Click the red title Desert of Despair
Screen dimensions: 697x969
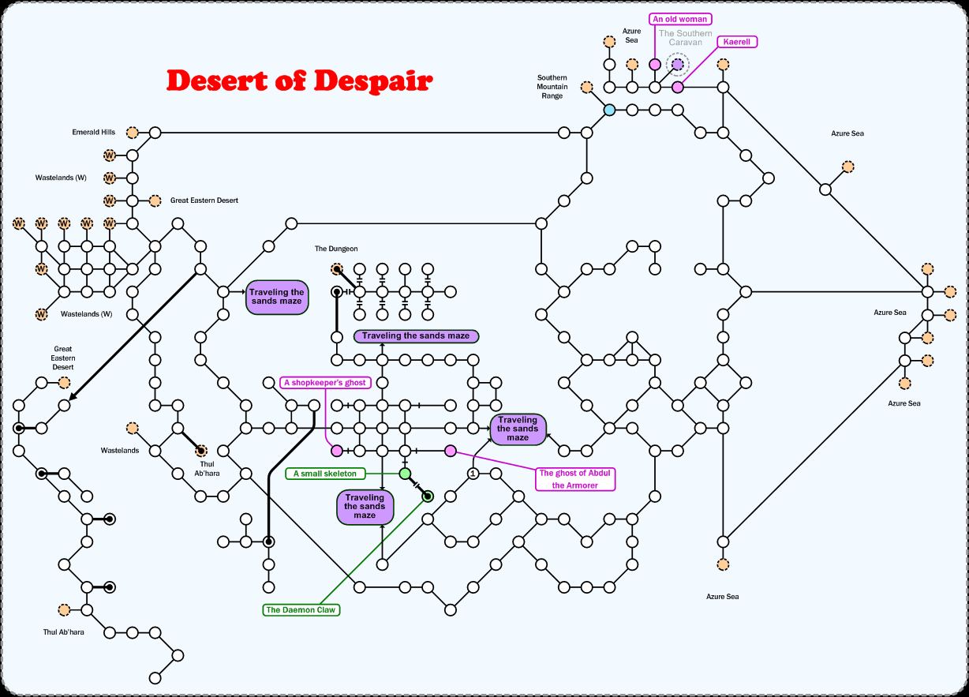[299, 81]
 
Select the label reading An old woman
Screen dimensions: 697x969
[680, 19]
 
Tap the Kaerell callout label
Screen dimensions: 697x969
[737, 42]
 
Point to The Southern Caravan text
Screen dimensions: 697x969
[685, 38]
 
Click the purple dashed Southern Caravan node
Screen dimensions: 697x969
[677, 65]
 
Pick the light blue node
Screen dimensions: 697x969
[609, 110]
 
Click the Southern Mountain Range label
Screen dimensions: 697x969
[552, 87]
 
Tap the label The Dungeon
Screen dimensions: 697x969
[336, 249]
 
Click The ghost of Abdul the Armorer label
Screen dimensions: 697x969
[575, 479]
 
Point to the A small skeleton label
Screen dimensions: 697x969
[325, 474]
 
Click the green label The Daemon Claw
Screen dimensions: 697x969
[302, 610]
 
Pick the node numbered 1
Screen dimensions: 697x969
[473, 474]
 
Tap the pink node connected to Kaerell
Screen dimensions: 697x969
[677, 87]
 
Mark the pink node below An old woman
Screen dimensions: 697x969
[654, 65]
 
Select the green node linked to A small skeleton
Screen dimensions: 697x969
[405, 474]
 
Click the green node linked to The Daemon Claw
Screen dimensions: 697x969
[428, 497]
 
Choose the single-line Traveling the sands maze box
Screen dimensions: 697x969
[416, 336]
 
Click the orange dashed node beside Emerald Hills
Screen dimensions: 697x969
[133, 133]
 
